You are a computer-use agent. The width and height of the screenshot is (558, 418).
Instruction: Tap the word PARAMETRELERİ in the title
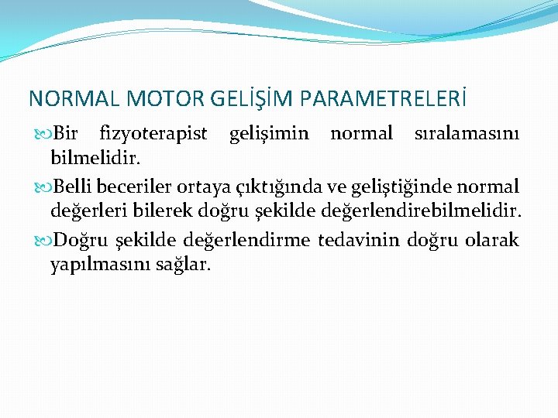[x=382, y=99]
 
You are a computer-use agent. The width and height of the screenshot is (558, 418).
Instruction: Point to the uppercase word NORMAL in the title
[x=73, y=99]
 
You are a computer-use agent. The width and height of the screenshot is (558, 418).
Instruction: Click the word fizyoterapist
[x=153, y=134]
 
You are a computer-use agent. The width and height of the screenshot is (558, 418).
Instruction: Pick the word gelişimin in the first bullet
[x=269, y=134]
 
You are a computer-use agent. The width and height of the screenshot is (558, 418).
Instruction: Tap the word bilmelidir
[x=95, y=159]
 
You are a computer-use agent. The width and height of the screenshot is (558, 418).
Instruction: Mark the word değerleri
[x=88, y=211]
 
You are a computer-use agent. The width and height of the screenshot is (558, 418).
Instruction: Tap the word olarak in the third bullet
[x=492, y=240]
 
